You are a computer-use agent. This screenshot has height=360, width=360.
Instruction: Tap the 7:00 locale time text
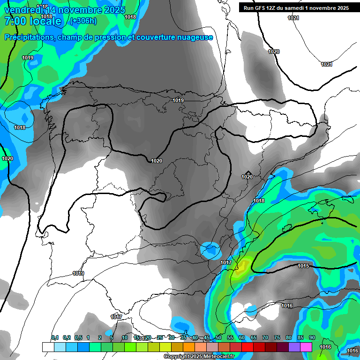tap(33, 21)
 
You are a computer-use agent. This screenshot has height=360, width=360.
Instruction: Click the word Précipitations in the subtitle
tap(29, 37)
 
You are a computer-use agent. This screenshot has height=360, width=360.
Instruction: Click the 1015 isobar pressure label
tap(303, 266)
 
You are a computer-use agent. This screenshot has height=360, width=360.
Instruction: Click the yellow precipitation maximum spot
tap(242, 268)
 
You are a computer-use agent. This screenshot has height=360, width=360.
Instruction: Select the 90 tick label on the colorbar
tap(312, 338)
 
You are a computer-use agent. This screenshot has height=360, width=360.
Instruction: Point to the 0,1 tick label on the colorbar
tap(55, 338)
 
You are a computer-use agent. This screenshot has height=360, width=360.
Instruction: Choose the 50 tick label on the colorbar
tap(218, 338)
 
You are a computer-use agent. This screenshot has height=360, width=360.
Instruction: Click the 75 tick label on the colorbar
tap(277, 338)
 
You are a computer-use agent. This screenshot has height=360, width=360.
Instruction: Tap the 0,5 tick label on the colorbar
tap(78, 338)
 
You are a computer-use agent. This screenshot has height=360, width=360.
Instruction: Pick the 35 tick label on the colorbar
tap(183, 338)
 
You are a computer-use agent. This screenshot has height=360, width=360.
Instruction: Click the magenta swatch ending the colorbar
tap(306, 347)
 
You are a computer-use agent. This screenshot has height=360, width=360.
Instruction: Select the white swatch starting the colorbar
tap(48, 347)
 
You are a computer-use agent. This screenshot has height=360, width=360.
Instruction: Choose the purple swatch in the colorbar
tap(294, 347)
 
